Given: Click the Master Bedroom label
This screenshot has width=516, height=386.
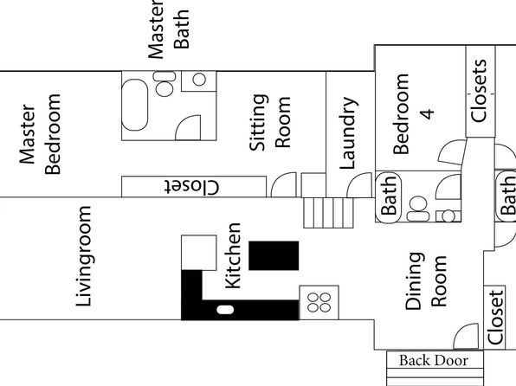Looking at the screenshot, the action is pyautogui.click(x=40, y=134).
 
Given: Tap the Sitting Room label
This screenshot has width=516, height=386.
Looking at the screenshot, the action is pyautogui.click(x=270, y=122).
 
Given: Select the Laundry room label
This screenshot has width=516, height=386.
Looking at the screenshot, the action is pyautogui.click(x=349, y=133).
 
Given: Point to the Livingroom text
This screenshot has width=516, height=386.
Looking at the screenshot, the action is pyautogui.click(x=84, y=256).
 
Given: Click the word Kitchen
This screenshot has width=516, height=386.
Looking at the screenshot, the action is pyautogui.click(x=233, y=255).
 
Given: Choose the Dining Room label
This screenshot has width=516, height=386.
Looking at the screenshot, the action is pyautogui.click(x=426, y=281).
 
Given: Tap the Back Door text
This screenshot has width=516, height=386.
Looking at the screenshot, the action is pyautogui.click(x=434, y=360).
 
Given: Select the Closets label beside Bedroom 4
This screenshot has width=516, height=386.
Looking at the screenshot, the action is pyautogui.click(x=479, y=91).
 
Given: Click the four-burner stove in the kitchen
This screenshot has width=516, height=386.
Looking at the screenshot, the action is pyautogui.click(x=319, y=302).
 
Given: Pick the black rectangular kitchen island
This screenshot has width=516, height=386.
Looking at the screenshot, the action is pyautogui.click(x=274, y=255).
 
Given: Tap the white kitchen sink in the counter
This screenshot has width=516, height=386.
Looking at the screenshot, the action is pyautogui.click(x=225, y=310).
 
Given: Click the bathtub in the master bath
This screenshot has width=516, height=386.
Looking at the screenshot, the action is pyautogui.click(x=134, y=105).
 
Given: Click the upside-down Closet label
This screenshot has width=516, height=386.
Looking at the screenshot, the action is pyautogui.click(x=191, y=187).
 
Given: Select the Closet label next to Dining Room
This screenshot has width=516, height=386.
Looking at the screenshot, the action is pyautogui.click(x=495, y=318).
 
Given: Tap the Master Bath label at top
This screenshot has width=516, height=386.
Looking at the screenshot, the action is pyautogui.click(x=169, y=29).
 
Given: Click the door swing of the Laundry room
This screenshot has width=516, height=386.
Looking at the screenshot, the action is pyautogui.click(x=360, y=185).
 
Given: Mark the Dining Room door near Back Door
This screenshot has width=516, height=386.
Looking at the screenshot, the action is pyautogui.click(x=466, y=336).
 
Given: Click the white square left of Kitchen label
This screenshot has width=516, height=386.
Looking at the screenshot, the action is pyautogui.click(x=199, y=253).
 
